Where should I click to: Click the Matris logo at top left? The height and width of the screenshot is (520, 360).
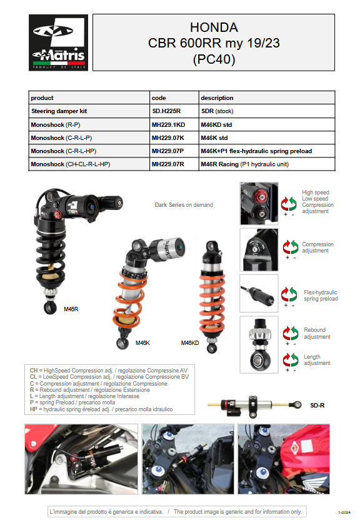coord(59,42)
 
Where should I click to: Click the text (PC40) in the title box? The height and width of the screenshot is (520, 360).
coord(214,60)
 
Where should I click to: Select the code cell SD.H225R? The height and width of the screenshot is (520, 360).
coord(166,111)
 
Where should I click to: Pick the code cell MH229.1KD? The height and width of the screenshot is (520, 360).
coord(168,124)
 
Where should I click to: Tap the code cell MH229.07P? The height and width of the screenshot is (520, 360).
coord(168,151)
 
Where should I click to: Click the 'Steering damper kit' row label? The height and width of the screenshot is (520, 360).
coord(59,111)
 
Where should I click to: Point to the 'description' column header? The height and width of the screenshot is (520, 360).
coord(217,97)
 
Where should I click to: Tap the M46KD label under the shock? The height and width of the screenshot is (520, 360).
coord(190,342)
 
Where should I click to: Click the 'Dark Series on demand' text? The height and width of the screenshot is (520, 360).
coord(184,205)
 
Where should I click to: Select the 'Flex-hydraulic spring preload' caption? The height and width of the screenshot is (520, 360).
coord(320,296)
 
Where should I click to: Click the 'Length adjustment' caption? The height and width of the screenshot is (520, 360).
coord(317,360)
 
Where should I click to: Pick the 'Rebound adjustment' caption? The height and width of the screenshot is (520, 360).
coord(317,334)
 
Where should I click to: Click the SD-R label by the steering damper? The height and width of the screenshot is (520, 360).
coord(317,405)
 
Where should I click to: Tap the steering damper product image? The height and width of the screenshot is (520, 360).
coord(253,403)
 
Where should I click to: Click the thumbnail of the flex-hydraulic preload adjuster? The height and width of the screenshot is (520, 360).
coord(259,293)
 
